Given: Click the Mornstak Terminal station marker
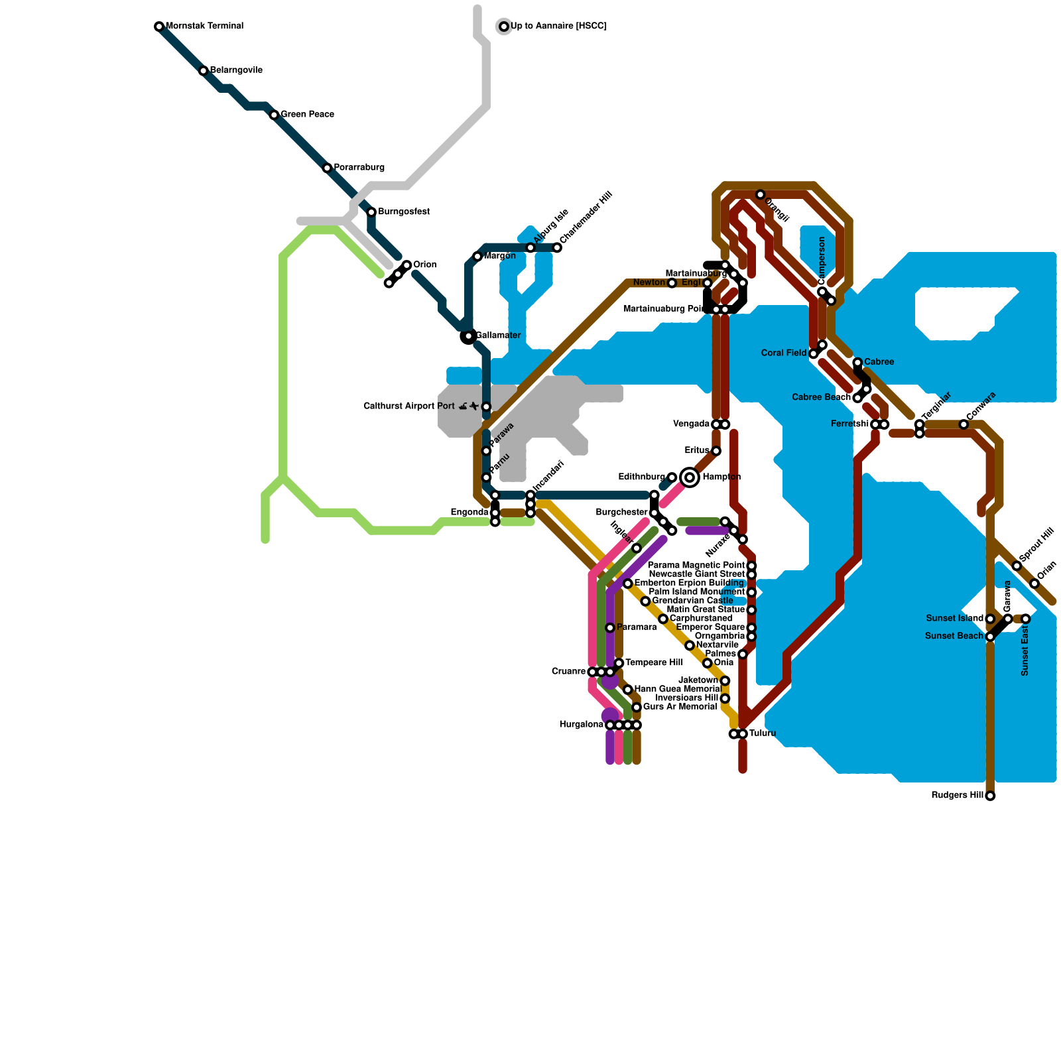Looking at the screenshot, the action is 159,27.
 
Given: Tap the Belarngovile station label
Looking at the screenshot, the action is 236,70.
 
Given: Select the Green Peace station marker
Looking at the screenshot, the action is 274,115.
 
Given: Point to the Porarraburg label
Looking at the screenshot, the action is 359,168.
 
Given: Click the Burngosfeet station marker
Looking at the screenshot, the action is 371,212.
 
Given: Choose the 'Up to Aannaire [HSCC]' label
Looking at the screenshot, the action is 558,27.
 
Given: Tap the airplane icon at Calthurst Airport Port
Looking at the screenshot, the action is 474,406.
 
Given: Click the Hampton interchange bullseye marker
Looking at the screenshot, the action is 690,477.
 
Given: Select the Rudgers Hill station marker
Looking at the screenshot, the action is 990,796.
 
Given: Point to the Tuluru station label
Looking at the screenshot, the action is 763,733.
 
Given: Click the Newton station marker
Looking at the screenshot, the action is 672,283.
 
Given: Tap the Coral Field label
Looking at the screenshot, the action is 784,353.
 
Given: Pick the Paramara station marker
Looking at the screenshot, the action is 610,627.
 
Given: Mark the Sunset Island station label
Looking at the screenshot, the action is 954,619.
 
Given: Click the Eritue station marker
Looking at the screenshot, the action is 716,451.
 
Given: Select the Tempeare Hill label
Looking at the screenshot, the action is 654,663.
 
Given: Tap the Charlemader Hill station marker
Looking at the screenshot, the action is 557,248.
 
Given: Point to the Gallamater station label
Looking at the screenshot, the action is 498,336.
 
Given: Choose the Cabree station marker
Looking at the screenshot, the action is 857,362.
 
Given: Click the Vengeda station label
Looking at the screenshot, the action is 691,424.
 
